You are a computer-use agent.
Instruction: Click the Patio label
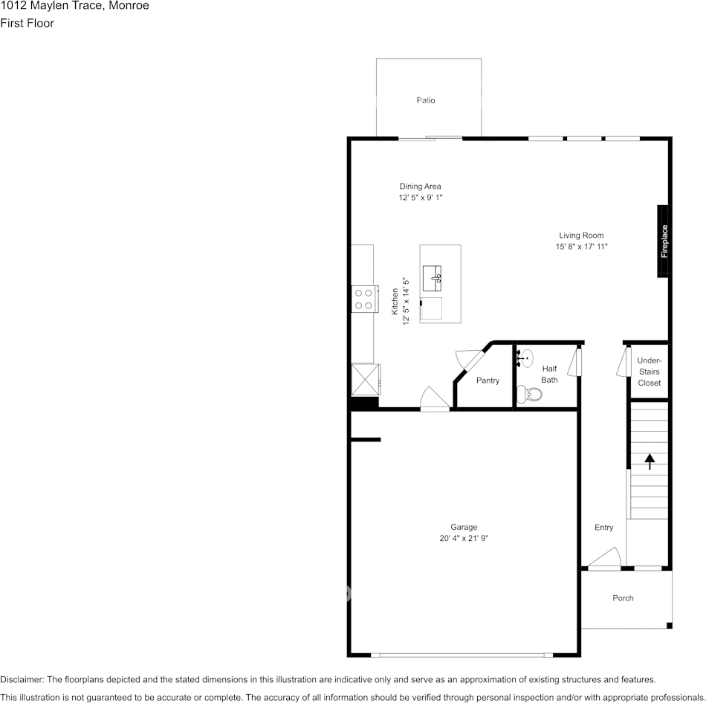[426, 100]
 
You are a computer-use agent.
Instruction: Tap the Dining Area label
[421, 187]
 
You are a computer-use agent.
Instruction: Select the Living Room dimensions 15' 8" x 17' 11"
[581, 247]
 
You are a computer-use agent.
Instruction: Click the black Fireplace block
[664, 241]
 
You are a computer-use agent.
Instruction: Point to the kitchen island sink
[433, 278]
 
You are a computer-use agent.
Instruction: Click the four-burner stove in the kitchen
[363, 299]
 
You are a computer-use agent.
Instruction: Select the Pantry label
[488, 380]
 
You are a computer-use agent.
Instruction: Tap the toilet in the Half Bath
[529, 394]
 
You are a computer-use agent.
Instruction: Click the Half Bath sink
[525, 359]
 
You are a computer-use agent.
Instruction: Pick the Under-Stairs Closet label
[649, 372]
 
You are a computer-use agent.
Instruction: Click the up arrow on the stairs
[650, 461]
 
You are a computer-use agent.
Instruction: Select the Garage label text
[464, 527]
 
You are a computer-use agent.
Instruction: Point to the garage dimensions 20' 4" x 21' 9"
[464, 539]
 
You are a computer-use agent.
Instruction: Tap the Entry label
[603, 528]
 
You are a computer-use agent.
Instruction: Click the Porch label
[623, 598]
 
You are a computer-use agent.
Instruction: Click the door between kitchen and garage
[434, 399]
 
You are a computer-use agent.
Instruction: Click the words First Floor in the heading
[27, 23]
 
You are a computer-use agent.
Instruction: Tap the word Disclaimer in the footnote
[22, 679]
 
